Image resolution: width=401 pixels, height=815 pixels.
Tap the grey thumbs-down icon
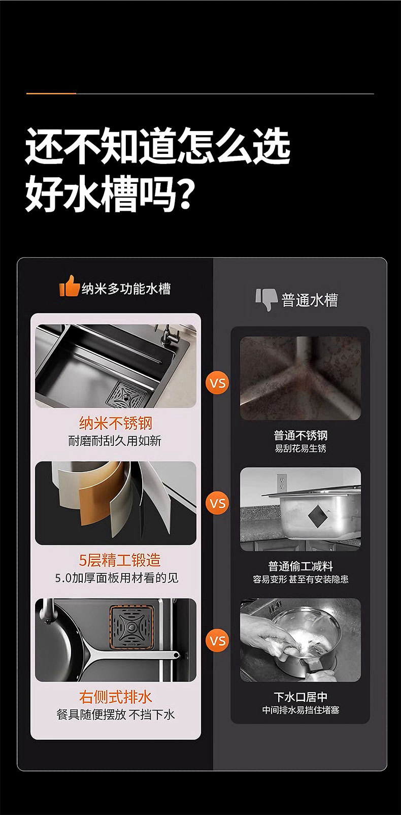coord(266,300)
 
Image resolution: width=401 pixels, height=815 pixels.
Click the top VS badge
coord(218,383)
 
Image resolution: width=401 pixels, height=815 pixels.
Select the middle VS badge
coord(218,504)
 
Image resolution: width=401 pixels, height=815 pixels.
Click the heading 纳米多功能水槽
coord(126,289)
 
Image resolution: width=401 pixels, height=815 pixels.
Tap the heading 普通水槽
coord(310,300)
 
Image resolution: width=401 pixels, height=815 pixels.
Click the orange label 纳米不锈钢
coord(116,423)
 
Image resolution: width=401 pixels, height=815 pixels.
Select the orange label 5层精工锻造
coord(120,560)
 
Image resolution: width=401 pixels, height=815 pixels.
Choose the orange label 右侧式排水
coord(116,697)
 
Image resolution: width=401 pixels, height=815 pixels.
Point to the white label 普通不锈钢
coord(300,435)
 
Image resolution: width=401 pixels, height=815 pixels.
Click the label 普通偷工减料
coord(300,566)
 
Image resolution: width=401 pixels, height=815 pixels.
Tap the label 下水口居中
coord(300,697)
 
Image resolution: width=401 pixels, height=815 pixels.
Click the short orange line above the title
coord(51,93)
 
